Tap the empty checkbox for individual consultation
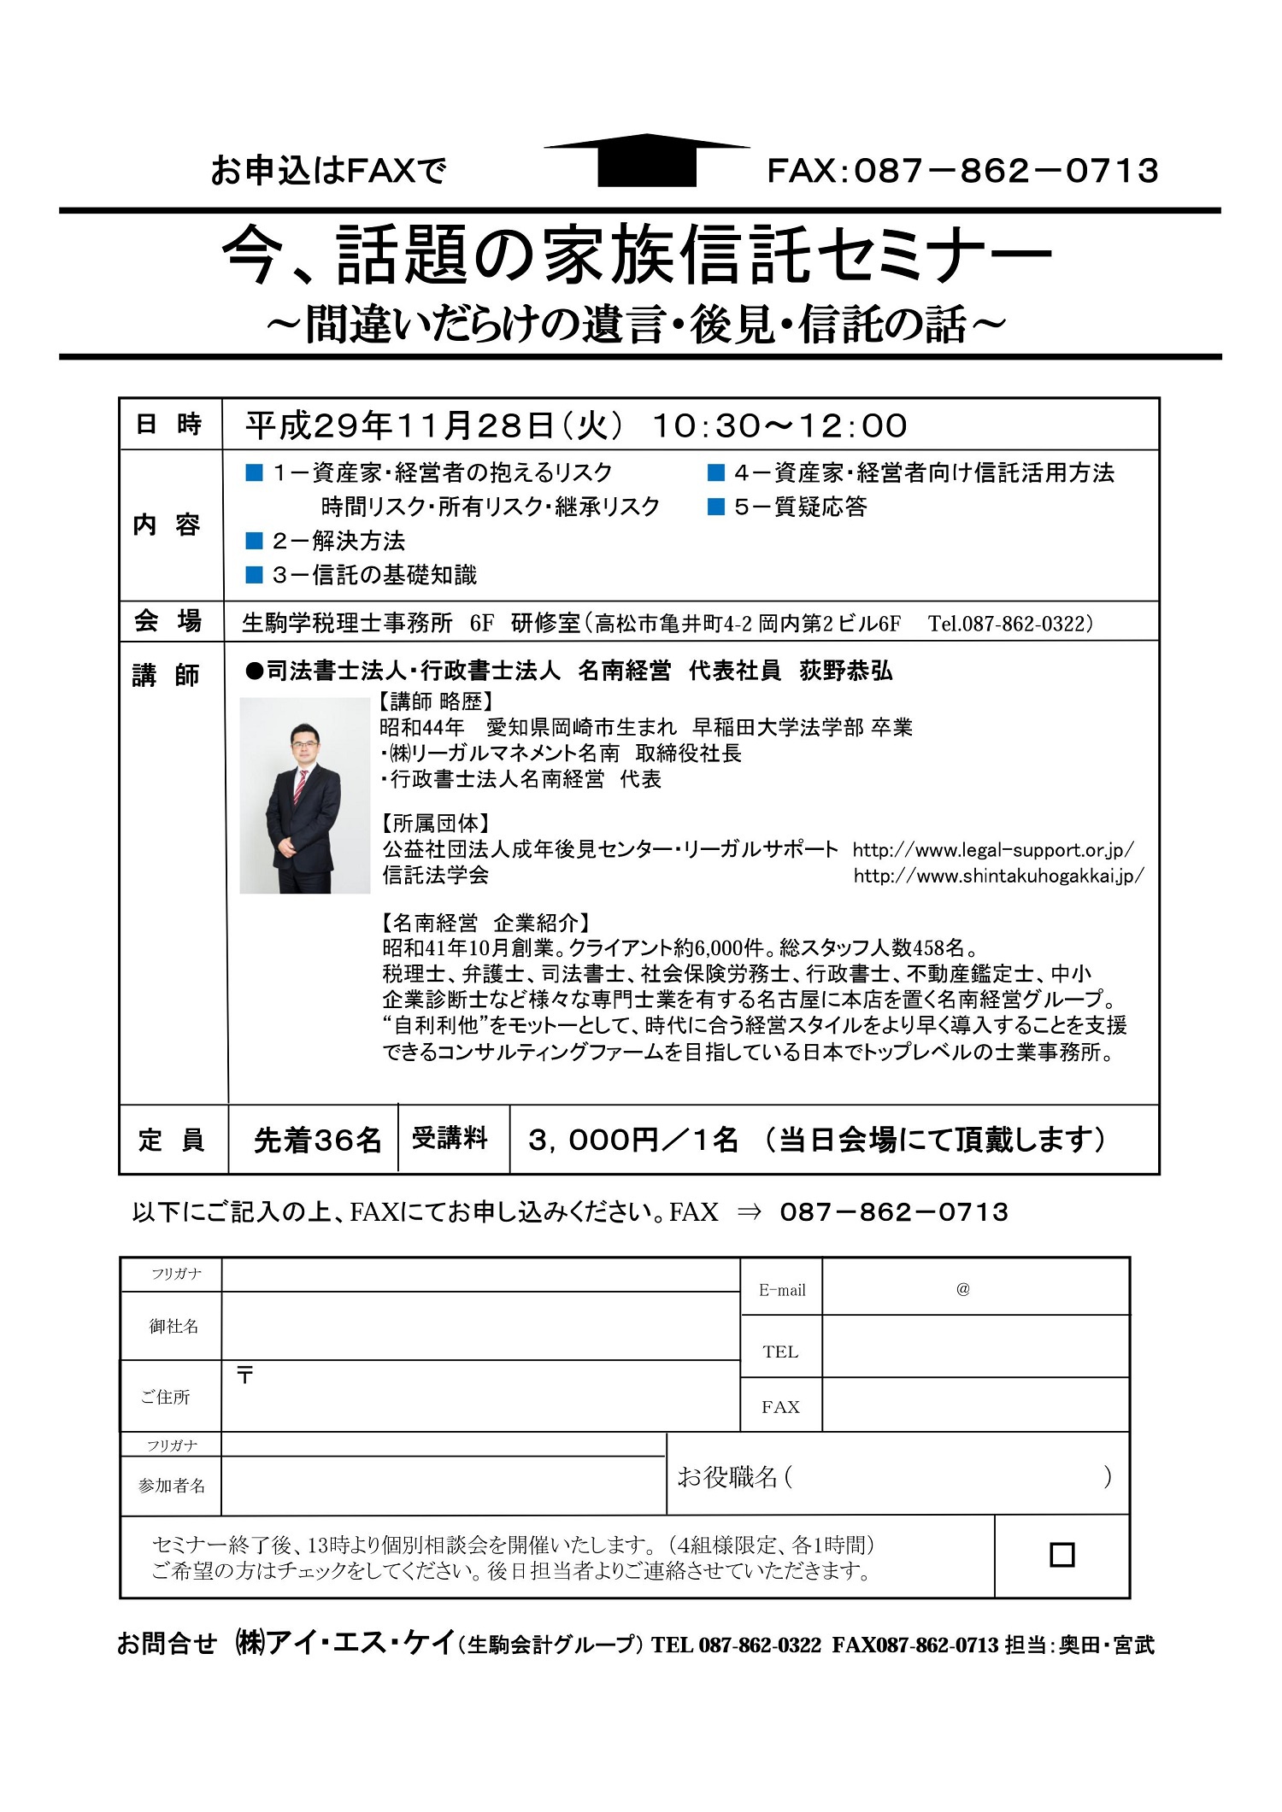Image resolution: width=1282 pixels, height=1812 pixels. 1061,1554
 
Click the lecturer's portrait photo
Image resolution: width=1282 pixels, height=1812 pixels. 304,795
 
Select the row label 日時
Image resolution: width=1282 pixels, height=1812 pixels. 168,425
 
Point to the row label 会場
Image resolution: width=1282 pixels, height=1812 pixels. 168,621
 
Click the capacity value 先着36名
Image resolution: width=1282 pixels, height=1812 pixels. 317,1141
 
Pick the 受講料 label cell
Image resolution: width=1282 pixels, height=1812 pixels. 450,1139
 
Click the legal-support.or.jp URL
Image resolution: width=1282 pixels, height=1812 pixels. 993,850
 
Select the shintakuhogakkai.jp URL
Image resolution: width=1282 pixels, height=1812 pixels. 998,876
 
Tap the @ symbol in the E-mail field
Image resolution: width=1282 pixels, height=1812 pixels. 963,1289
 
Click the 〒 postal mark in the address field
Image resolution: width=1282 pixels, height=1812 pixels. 245,1375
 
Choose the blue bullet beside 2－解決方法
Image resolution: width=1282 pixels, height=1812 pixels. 254,541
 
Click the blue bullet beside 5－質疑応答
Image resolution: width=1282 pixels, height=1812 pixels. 716,507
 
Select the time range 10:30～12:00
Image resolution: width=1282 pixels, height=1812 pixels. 779,425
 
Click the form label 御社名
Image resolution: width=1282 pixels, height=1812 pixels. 173,1326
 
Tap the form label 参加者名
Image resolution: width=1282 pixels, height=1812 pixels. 172,1486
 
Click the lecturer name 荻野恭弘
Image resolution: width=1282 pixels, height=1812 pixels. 846,671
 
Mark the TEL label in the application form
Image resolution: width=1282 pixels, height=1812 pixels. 780,1352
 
